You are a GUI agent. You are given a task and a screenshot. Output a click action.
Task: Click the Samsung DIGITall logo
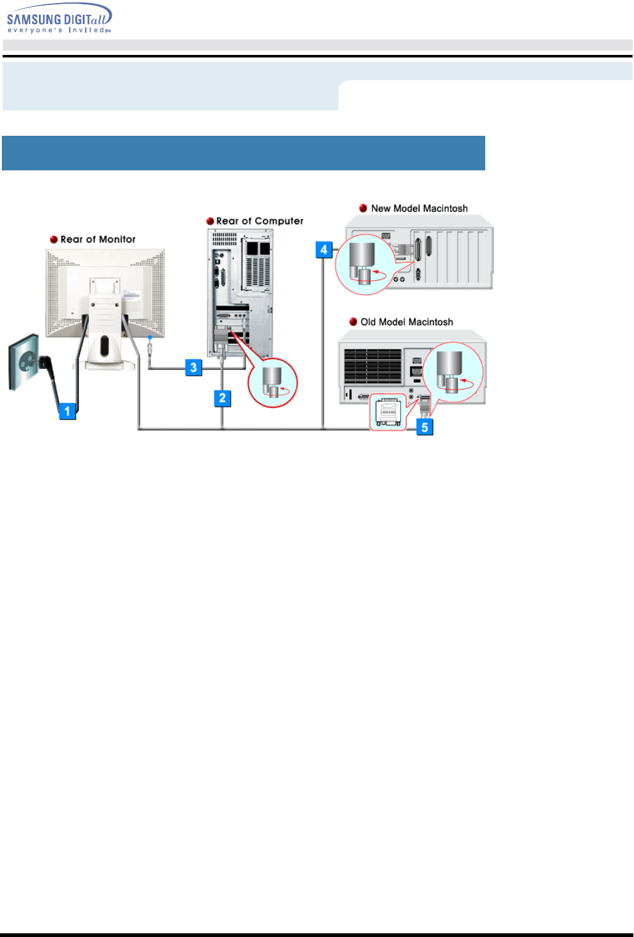pyautogui.click(x=59, y=19)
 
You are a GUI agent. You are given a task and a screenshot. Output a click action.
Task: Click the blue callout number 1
pyautogui.click(x=67, y=410)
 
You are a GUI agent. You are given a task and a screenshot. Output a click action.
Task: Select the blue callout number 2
pyautogui.click(x=223, y=398)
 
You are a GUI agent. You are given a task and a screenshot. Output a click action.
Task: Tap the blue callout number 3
pyautogui.click(x=193, y=368)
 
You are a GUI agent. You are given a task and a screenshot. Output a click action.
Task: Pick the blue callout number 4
pyautogui.click(x=324, y=250)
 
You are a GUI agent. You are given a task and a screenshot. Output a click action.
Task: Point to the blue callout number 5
pyautogui.click(x=425, y=427)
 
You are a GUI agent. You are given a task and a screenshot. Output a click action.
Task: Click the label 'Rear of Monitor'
pyautogui.click(x=98, y=239)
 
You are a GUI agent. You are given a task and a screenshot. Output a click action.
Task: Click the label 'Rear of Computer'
pyautogui.click(x=259, y=221)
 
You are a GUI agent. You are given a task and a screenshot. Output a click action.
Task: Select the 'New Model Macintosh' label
pyautogui.click(x=419, y=209)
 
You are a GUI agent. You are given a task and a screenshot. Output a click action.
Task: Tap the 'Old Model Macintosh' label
pyautogui.click(x=406, y=322)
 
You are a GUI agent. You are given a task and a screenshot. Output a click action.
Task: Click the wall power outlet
pyautogui.click(x=23, y=362)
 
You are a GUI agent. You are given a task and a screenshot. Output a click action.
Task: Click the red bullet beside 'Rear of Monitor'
pyautogui.click(x=54, y=239)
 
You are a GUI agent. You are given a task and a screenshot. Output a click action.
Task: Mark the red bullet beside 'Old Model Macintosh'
pyautogui.click(x=353, y=322)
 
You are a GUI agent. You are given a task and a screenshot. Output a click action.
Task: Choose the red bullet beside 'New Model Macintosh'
pyautogui.click(x=363, y=209)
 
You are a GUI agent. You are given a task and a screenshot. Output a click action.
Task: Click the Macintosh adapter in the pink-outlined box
pyautogui.click(x=388, y=412)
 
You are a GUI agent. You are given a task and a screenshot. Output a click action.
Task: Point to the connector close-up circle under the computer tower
pyautogui.click(x=272, y=383)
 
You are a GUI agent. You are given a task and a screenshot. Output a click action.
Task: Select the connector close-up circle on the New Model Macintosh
pyautogui.click(x=364, y=264)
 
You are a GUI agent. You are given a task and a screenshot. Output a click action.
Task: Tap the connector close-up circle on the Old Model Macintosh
pyautogui.click(x=454, y=372)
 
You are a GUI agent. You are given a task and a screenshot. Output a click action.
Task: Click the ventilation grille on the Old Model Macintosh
pyautogui.click(x=373, y=367)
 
